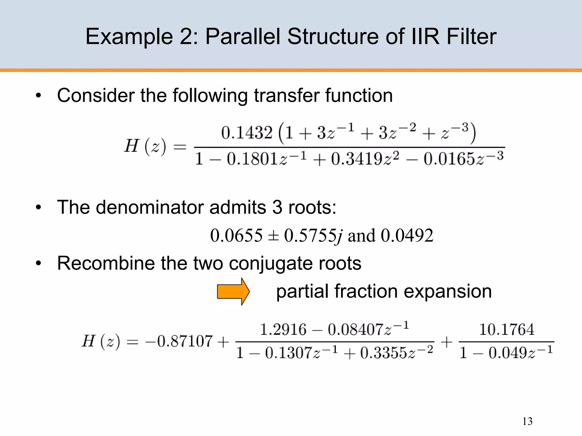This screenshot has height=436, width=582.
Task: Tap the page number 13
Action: pyautogui.click(x=527, y=421)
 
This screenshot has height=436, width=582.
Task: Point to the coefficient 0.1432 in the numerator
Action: pyautogui.click(x=247, y=133)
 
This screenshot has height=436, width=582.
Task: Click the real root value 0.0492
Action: pyautogui.click(x=407, y=235)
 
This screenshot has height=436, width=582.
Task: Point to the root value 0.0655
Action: pyautogui.click(x=236, y=235)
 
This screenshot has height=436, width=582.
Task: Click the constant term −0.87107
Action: pyautogui.click(x=179, y=341)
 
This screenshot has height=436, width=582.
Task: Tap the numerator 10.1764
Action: pyautogui.click(x=506, y=330)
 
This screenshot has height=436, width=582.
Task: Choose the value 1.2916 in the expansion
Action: pyautogui.click(x=283, y=330)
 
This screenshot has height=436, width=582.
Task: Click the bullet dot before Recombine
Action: pyautogui.click(x=38, y=263)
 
